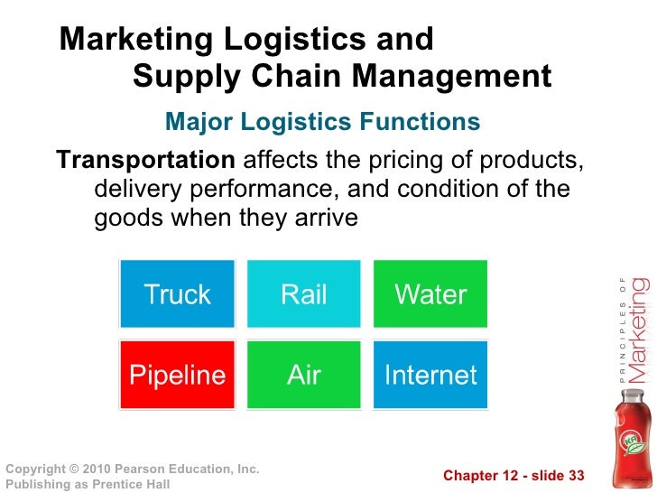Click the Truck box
(178, 294)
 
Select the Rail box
(304, 294)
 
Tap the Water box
(430, 294)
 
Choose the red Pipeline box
(178, 375)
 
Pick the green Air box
(304, 375)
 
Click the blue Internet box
(430, 375)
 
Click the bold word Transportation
(145, 161)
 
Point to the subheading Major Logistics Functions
(323, 122)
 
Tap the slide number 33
(574, 476)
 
